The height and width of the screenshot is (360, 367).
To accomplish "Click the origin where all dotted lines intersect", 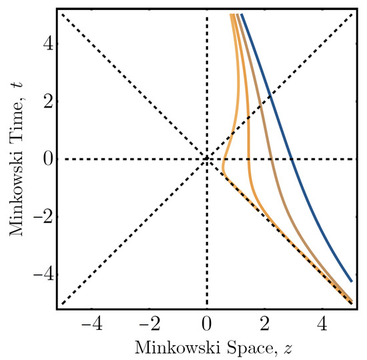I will (x=207, y=159).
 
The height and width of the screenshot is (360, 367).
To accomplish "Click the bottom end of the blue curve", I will (x=352, y=281).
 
